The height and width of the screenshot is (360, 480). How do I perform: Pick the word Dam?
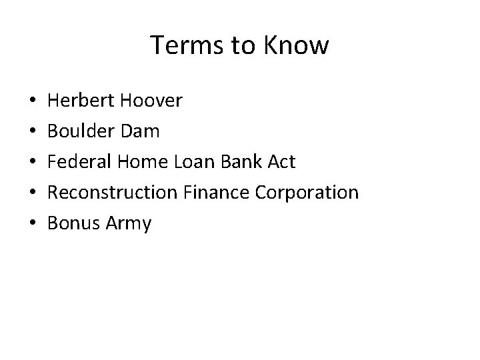tap(141, 131)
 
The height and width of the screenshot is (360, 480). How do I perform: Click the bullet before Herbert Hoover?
tap(33, 101)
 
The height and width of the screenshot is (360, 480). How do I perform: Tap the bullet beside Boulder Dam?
tap(33, 132)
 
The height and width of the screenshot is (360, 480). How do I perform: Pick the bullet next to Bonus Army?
tap(33, 224)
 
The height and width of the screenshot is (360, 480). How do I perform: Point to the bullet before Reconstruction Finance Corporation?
tap(33, 193)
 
